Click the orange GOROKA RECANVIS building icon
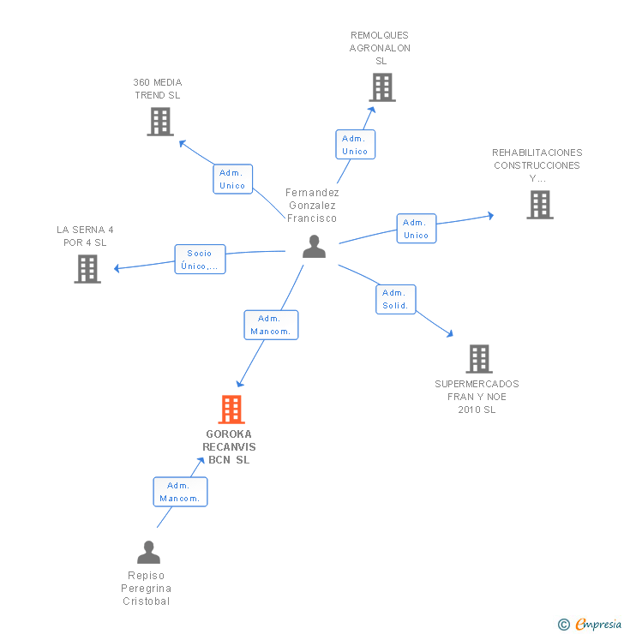click(x=231, y=410)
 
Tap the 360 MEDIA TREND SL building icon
click(x=160, y=122)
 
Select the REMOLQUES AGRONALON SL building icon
click(x=382, y=87)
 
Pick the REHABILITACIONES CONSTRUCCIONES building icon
click(x=540, y=205)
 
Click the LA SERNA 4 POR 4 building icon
click(x=87, y=269)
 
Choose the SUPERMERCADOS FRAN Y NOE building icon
click(x=479, y=359)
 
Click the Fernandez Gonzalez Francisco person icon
click(x=315, y=247)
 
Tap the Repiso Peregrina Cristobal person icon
click(x=149, y=553)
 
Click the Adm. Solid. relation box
click(x=395, y=299)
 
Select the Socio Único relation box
click(x=200, y=260)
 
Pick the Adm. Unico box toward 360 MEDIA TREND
click(x=232, y=179)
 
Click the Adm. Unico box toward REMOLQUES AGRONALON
click(x=355, y=145)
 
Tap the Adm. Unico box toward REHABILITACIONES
click(x=417, y=229)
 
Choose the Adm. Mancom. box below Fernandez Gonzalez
click(x=271, y=325)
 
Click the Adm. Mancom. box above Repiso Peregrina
click(x=180, y=492)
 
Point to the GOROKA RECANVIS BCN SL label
click(x=230, y=446)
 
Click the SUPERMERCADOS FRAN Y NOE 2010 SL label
click(x=477, y=397)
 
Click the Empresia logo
click(x=590, y=625)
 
